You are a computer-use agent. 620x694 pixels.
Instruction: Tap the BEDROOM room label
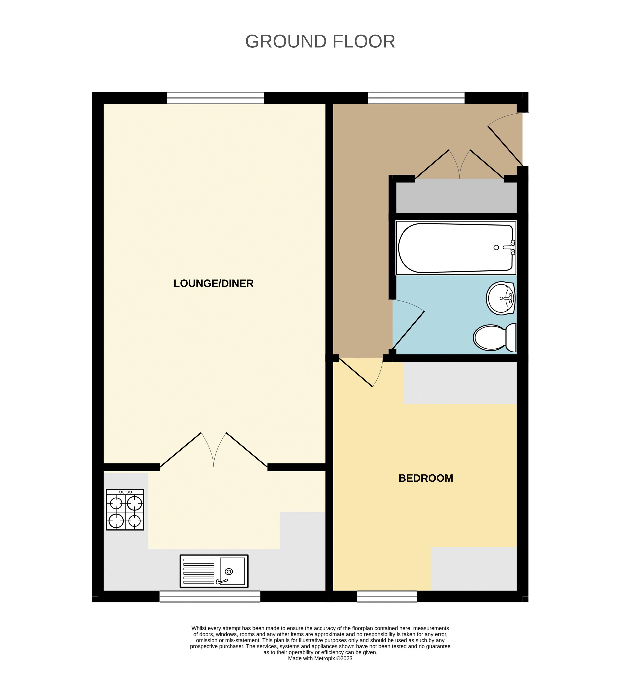tap(426, 478)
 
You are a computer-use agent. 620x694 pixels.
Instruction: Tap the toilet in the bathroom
tap(494, 338)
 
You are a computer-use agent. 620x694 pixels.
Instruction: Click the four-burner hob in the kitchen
tap(125, 510)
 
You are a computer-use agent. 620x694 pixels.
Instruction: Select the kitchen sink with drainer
tap(214, 571)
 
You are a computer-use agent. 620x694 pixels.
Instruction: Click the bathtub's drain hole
tap(496, 248)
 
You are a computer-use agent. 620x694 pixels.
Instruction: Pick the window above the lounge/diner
tap(215, 98)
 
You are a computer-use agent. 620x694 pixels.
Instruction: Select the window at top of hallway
tap(416, 98)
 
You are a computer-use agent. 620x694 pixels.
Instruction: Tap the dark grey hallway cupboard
tap(456, 196)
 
